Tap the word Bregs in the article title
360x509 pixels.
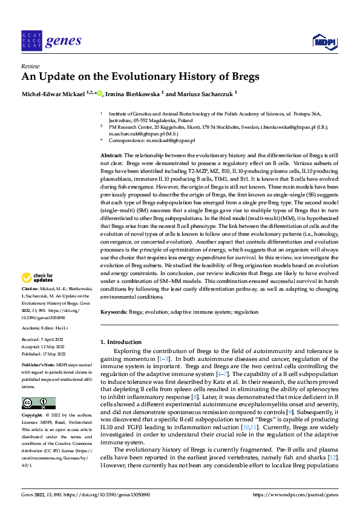(x=242, y=77)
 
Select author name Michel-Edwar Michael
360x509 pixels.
(x=53, y=94)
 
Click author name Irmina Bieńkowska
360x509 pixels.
(x=133, y=94)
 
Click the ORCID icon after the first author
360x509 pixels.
(x=99, y=94)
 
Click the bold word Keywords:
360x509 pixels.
(x=114, y=311)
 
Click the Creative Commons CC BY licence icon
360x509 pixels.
(x=38, y=403)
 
